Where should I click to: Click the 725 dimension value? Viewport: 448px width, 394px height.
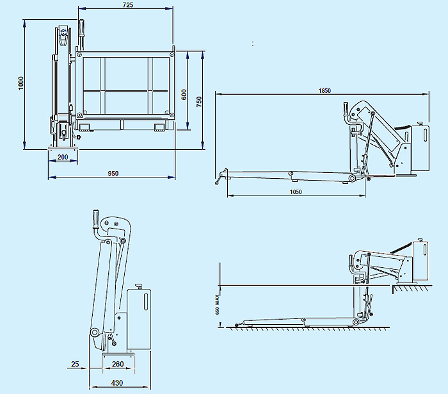pos(127,5)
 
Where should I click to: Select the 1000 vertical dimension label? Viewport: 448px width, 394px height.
pos(20,84)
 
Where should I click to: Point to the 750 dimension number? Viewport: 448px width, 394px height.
pos(199,101)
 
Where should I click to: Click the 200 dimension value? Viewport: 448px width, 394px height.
pos(63,157)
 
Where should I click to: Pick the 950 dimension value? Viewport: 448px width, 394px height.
pos(113,174)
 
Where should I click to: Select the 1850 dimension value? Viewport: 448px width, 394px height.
pos(324,91)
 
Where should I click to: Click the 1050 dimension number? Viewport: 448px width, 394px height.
pos(295,192)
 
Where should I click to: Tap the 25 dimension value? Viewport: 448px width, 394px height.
pos(75,365)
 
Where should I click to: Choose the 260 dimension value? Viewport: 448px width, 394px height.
pos(118,365)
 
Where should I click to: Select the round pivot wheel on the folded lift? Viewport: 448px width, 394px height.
pos(94,332)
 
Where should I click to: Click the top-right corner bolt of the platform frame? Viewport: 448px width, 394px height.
pos(172,55)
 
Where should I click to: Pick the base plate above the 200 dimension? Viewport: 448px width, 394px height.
pos(63,149)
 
